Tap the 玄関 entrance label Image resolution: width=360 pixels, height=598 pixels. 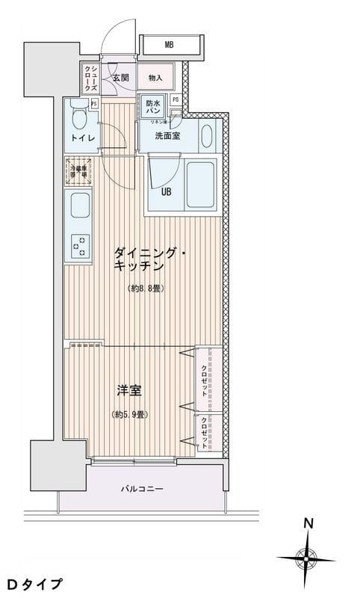pyautogui.click(x=120, y=77)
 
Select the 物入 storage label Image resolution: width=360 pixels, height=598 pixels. pyautogui.click(x=155, y=77)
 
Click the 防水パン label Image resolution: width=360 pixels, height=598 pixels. pyautogui.click(x=153, y=108)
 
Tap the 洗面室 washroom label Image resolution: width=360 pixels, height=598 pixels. pyautogui.click(x=167, y=136)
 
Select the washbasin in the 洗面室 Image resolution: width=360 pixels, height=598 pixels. pyautogui.click(x=207, y=135)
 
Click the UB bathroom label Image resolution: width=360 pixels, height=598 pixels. pyautogui.click(x=167, y=190)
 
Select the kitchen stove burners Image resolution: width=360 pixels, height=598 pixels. pyautogui.click(x=78, y=244)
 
